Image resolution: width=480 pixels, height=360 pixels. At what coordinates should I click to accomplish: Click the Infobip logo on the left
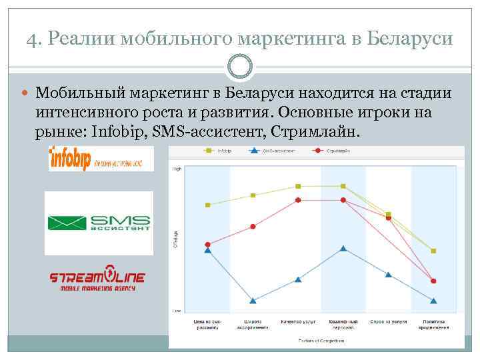tap(101, 159)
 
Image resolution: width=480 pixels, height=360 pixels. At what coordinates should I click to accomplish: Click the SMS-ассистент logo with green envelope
tap(99, 223)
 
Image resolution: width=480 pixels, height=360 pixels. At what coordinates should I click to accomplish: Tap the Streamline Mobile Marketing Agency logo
tap(97, 281)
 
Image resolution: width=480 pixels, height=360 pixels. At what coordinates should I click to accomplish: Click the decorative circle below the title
tap(240, 66)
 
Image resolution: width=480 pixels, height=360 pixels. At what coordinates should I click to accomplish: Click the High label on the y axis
tap(177, 169)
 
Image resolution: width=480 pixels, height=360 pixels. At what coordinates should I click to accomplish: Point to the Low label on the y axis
tap(177, 311)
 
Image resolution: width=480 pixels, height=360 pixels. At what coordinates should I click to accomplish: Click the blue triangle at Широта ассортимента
tap(253, 300)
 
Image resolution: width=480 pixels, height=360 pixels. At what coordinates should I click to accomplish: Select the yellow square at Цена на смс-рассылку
tap(208, 205)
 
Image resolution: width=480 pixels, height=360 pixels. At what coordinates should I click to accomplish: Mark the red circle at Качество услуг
tap(298, 200)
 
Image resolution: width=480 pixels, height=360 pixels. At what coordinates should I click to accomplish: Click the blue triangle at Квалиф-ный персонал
tap(343, 249)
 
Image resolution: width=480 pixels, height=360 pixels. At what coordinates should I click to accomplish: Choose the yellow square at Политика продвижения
tap(434, 251)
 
